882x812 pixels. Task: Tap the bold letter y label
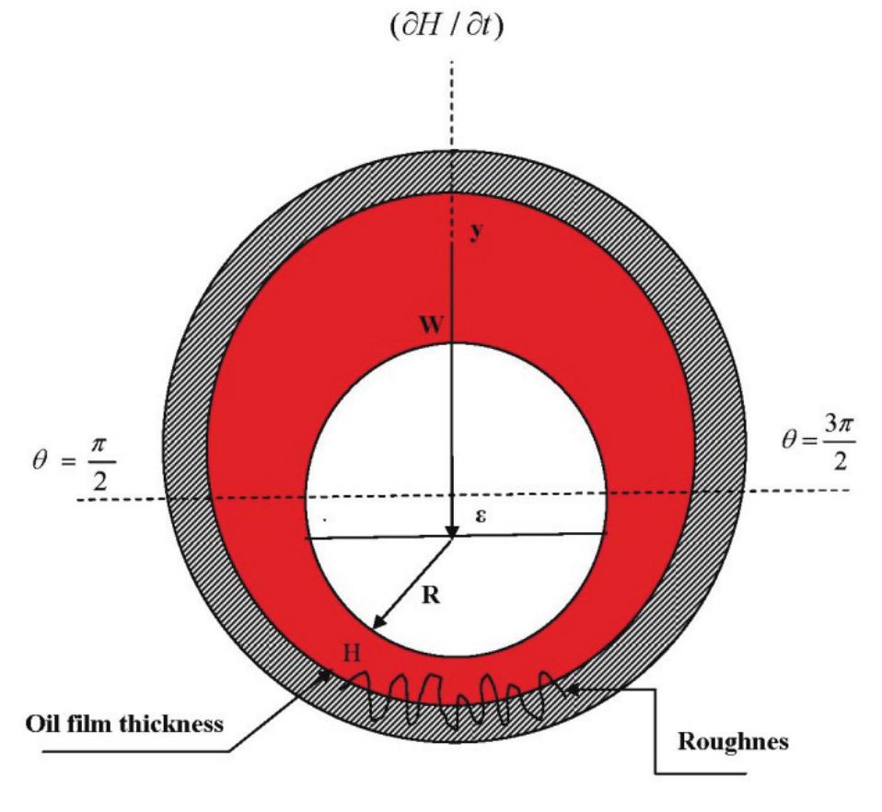pyautogui.click(x=477, y=231)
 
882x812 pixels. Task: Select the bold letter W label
pyautogui.click(x=432, y=324)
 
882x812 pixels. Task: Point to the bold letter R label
pyautogui.click(x=431, y=595)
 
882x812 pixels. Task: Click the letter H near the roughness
pyautogui.click(x=352, y=653)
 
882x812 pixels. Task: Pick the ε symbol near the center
pyautogui.click(x=481, y=516)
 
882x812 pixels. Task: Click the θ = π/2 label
pyautogui.click(x=74, y=463)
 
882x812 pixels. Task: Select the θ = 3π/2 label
pyautogui.click(x=819, y=443)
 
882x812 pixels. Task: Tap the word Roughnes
pyautogui.click(x=733, y=741)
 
